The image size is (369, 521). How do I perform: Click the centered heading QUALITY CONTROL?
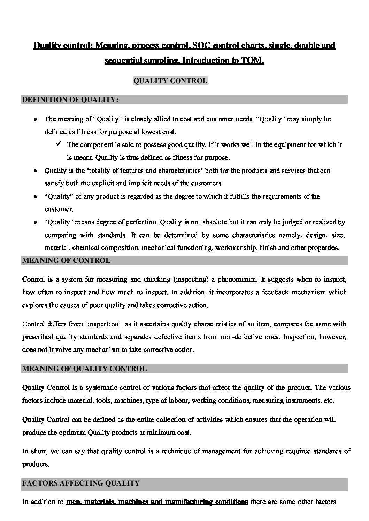pos(170,81)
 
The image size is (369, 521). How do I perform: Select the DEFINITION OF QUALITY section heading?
pos(70,100)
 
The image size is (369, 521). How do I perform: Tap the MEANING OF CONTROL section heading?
pos(66,260)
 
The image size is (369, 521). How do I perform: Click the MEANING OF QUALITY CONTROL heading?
pos(84,369)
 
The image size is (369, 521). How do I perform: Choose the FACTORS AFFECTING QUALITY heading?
pos(80,483)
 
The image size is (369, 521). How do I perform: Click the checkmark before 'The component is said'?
pos(58,144)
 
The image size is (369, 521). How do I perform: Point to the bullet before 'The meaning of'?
pos(35,119)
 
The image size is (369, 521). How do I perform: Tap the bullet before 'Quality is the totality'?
pos(35,171)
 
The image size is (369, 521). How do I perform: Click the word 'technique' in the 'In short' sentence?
pos(175,451)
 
